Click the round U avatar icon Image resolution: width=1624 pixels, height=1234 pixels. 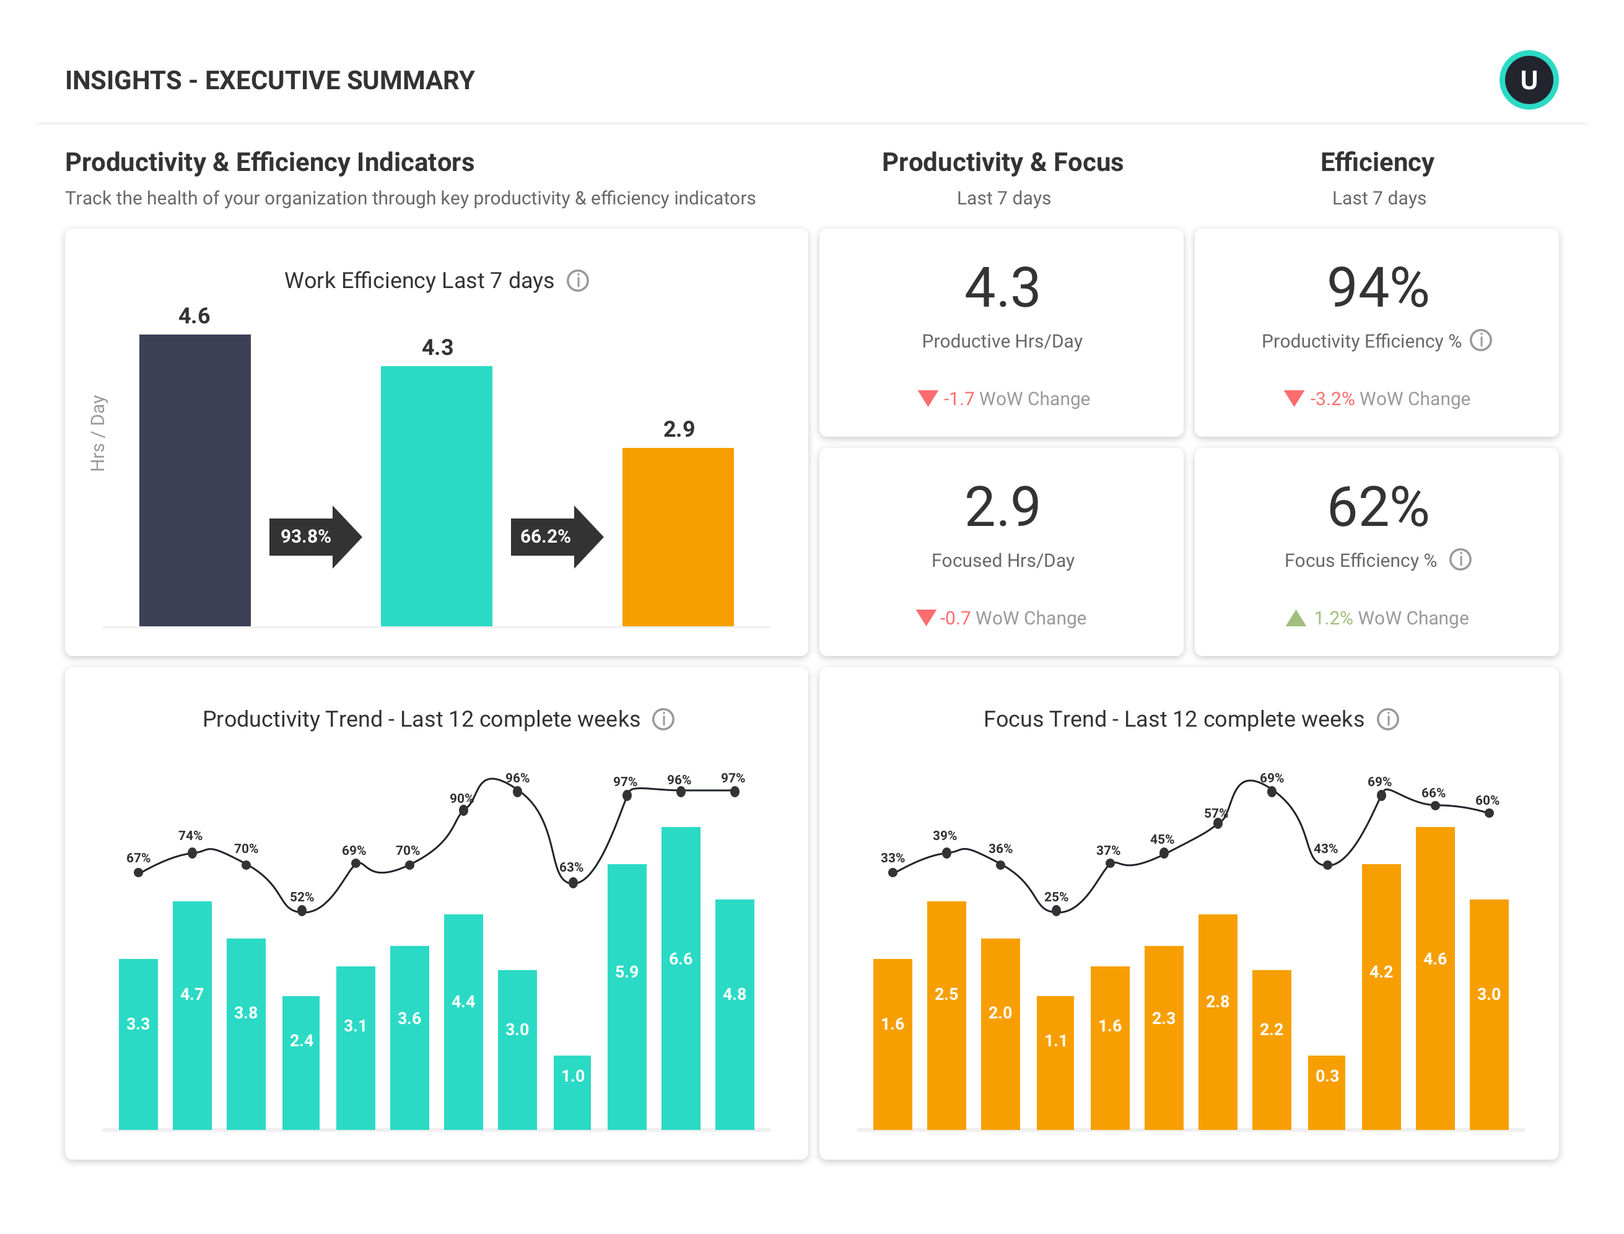1528,79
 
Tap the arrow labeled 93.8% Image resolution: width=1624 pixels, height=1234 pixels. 315,536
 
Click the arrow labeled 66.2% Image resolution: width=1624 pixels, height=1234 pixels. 556,536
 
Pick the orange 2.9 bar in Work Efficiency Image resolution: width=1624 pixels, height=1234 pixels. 677,537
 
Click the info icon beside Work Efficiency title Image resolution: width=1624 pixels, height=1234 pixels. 577,281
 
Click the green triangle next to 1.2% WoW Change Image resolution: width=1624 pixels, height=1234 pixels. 1295,618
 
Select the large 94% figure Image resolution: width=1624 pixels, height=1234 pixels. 1377,287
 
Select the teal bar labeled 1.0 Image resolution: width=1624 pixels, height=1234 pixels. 572,1092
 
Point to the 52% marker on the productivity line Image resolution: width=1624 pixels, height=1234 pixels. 302,911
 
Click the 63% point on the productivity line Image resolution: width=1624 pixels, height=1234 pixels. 573,883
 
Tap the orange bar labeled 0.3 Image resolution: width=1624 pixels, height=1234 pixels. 1327,1092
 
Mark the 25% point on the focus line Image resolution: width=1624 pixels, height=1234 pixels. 1055,911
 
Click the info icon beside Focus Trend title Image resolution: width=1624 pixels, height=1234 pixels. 1387,719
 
